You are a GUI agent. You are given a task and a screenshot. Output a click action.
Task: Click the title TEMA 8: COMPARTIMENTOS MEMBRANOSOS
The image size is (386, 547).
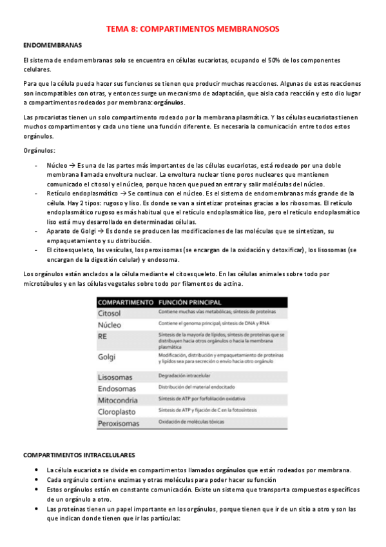click(193, 30)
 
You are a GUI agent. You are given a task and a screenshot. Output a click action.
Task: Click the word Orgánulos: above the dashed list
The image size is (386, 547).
click(39, 150)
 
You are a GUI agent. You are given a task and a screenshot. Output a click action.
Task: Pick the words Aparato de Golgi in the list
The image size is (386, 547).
click(70, 230)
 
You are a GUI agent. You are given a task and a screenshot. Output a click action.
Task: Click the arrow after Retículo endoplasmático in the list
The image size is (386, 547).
click(122, 193)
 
